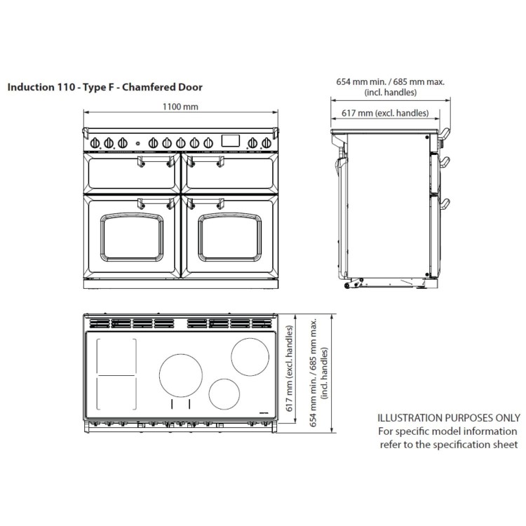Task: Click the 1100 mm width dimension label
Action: (180, 107)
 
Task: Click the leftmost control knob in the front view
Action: (97, 142)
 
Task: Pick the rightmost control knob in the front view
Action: (266, 142)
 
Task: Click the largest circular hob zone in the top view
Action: (180, 375)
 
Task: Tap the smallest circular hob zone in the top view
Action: (224, 393)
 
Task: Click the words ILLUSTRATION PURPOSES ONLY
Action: (449, 417)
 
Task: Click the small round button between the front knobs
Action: (137, 143)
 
